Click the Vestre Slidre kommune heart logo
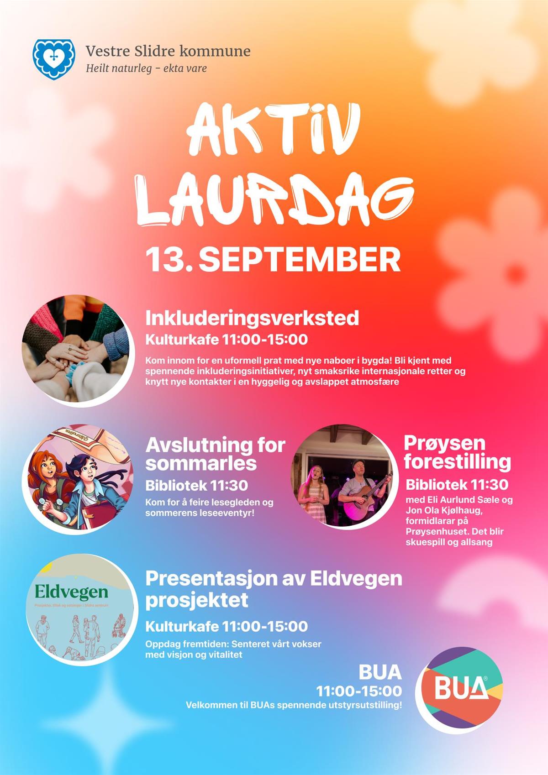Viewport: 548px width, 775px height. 54,59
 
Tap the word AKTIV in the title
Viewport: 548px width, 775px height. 273,131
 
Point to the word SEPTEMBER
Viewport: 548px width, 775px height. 300,260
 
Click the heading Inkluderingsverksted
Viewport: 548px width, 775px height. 252,318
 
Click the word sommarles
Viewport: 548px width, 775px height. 201,463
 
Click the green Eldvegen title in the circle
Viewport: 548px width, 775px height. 72,592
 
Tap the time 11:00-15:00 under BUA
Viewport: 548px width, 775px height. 359,691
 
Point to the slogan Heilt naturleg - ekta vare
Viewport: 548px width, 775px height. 146,68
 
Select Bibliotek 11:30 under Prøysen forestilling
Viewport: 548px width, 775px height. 457,485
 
